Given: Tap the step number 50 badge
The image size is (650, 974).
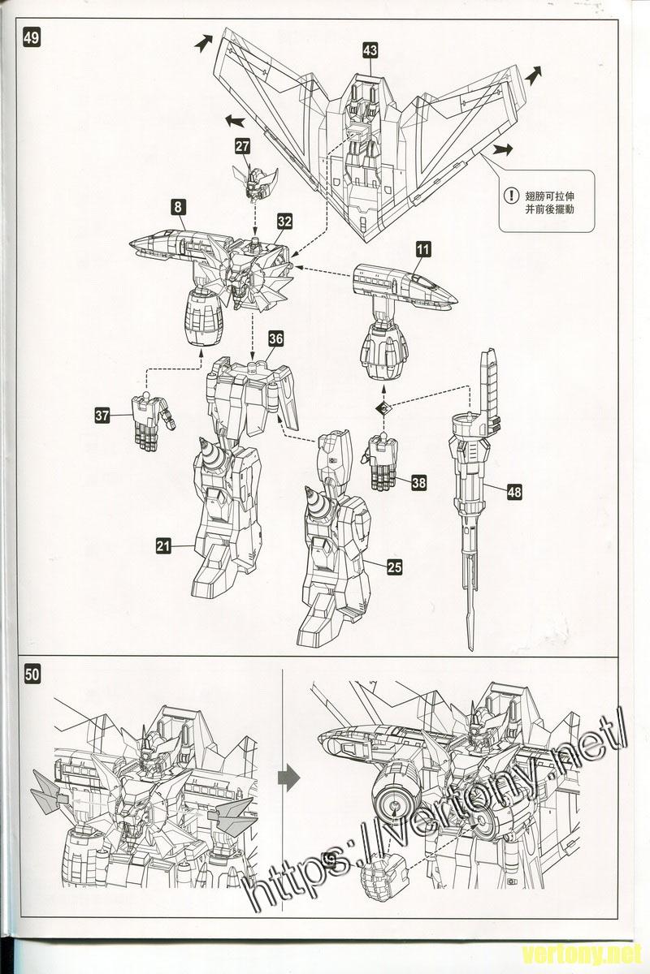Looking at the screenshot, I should click(33, 674).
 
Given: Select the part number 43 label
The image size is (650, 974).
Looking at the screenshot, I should click(370, 51).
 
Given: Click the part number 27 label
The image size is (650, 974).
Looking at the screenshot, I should click(243, 146).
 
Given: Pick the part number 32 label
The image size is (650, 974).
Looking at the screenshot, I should click(284, 221).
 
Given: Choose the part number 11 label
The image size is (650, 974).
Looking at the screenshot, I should click(422, 250).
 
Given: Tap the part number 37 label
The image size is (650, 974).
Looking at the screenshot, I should click(102, 416).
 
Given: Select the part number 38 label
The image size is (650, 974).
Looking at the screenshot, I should click(418, 482).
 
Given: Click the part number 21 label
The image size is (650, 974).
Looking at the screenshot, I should click(164, 546).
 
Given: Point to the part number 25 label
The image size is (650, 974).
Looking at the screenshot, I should click(395, 567).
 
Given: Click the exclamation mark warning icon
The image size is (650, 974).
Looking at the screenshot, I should click(510, 195).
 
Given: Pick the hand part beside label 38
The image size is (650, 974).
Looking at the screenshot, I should click(381, 463).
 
